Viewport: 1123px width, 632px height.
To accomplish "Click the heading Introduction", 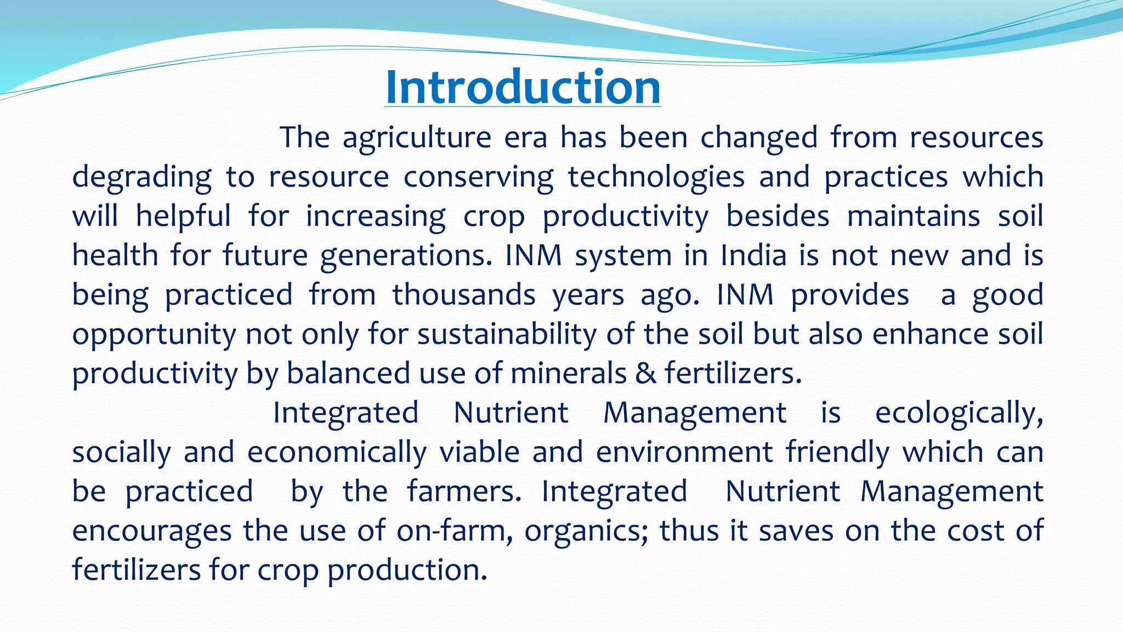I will point(523,87).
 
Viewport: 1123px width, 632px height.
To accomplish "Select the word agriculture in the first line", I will point(417,138).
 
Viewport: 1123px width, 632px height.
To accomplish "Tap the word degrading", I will point(141,177).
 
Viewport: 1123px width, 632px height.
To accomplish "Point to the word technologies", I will point(656,177).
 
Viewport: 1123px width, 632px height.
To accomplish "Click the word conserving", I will point(478,177).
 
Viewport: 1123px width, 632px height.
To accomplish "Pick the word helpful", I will point(183,216).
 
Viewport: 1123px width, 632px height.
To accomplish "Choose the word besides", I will point(778,216).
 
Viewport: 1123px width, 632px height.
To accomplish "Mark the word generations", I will point(406,256).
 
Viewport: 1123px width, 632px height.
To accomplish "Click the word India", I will point(753,256).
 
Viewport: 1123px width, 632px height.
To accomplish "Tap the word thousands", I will point(464,295).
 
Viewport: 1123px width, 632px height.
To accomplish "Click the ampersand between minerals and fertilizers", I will point(645,374).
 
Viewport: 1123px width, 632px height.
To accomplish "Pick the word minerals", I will point(568,374).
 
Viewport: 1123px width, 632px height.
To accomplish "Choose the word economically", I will point(337,453).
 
